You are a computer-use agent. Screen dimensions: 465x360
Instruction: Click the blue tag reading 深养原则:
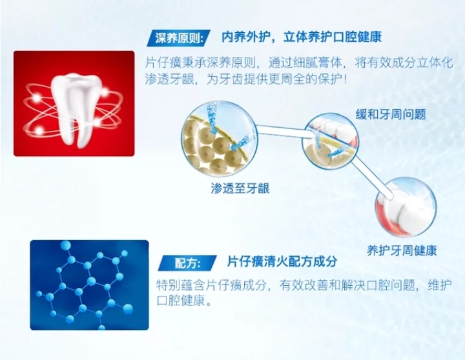point(178,38)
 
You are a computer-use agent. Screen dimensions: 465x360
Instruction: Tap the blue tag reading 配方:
point(187,263)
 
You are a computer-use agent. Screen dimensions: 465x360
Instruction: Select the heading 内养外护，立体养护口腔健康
point(302,37)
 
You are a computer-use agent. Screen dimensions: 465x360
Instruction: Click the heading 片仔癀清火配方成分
point(282,262)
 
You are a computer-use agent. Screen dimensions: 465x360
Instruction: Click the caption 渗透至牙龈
point(240,188)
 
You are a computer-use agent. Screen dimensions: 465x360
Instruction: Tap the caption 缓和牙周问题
point(391,114)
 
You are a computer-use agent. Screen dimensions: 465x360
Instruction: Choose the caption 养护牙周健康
point(402,250)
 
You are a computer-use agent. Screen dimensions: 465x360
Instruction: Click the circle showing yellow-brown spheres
point(220,138)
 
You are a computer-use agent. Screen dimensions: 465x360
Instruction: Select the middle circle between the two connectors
point(331,141)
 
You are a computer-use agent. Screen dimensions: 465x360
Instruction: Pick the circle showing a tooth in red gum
point(405,206)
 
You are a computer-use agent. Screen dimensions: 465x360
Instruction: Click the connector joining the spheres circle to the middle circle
point(284,131)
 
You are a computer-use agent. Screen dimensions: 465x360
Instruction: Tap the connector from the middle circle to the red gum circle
point(372,177)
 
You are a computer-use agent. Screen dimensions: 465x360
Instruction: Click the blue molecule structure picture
point(89,285)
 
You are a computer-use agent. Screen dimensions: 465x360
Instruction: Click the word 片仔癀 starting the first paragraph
point(163,63)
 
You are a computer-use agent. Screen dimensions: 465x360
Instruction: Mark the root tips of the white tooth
point(76,145)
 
